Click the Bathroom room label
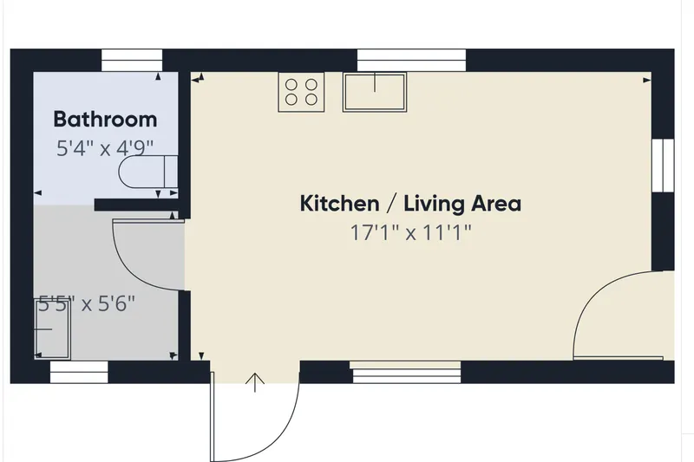tap(105, 120)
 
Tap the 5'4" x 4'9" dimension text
tap(105, 148)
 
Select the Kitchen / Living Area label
tap(410, 204)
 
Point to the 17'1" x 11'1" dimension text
tap(411, 232)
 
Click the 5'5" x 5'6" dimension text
tap(87, 303)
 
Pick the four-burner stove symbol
tap(301, 92)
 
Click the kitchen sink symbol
tap(375, 92)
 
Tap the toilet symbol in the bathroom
tap(148, 172)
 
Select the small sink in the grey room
tap(52, 329)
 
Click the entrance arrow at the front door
tap(255, 382)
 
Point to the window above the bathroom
tap(132, 60)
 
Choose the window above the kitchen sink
tap(411, 60)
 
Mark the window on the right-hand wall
tap(663, 166)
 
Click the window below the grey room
tap(79, 372)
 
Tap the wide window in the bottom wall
tap(405, 372)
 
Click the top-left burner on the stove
tap(291, 84)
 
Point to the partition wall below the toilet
tap(137, 205)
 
